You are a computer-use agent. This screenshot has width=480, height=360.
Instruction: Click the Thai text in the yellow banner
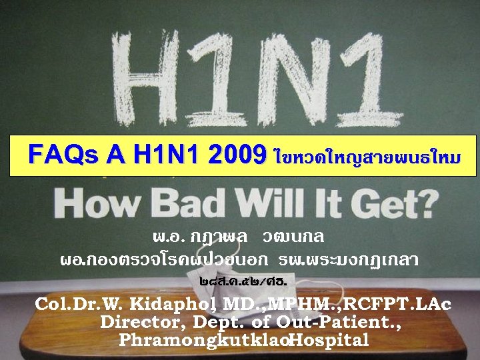[366, 157]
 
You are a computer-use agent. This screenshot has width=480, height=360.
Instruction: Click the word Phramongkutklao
[204, 340]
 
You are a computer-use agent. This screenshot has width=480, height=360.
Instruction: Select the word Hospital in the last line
[329, 340]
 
